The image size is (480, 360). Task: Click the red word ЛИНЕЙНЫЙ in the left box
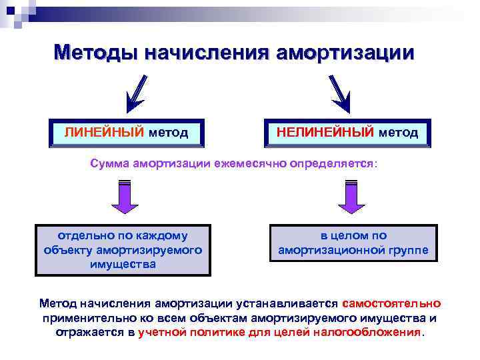[104, 133]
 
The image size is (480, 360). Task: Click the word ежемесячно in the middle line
[250, 163]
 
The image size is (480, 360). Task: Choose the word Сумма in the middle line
[109, 163]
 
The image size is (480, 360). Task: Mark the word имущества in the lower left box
[123, 264]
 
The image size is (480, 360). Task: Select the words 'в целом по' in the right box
[353, 235]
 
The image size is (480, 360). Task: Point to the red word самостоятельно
[394, 303]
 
